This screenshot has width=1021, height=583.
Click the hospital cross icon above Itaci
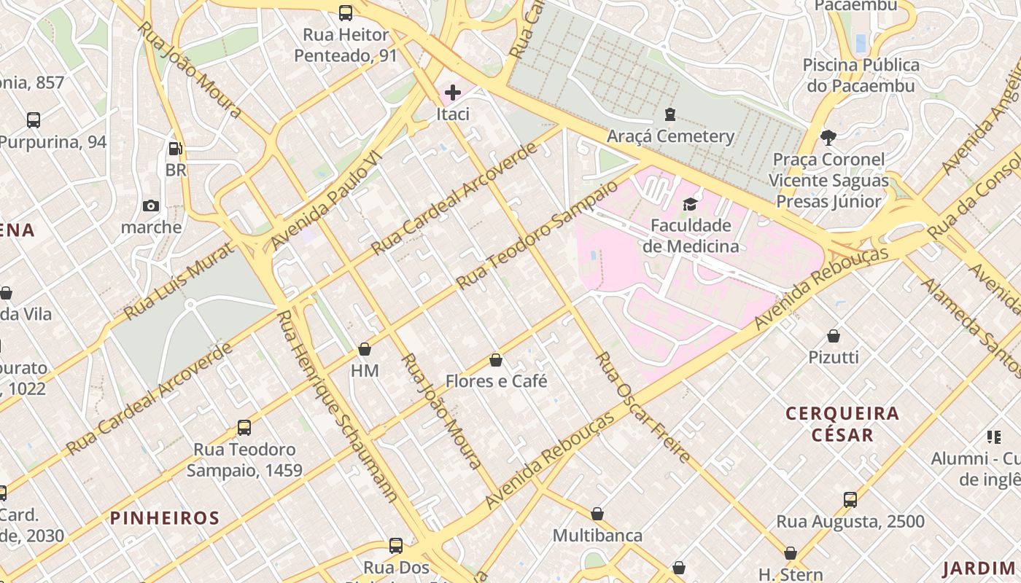click(x=453, y=93)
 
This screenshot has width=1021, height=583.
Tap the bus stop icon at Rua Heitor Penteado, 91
click(x=346, y=12)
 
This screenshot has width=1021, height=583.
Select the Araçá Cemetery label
click(x=670, y=136)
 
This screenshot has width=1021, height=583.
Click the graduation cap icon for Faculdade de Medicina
click(x=690, y=204)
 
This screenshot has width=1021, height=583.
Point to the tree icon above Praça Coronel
click(x=828, y=137)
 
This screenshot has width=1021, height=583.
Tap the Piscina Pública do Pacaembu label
click(x=861, y=75)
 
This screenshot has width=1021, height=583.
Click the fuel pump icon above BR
click(x=176, y=149)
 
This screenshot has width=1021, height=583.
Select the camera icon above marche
click(x=151, y=206)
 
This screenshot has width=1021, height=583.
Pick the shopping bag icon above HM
click(x=365, y=349)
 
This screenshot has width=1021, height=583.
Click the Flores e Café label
click(x=496, y=381)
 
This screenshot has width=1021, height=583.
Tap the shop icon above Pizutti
click(x=834, y=336)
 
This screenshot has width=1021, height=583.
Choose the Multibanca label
click(x=597, y=536)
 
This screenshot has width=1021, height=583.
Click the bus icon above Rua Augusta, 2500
click(x=850, y=500)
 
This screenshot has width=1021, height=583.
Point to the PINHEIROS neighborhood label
click(x=165, y=518)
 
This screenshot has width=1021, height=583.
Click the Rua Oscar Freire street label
click(x=643, y=408)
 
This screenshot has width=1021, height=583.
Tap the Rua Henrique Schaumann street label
click(x=338, y=406)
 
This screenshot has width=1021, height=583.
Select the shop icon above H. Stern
click(x=791, y=553)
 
